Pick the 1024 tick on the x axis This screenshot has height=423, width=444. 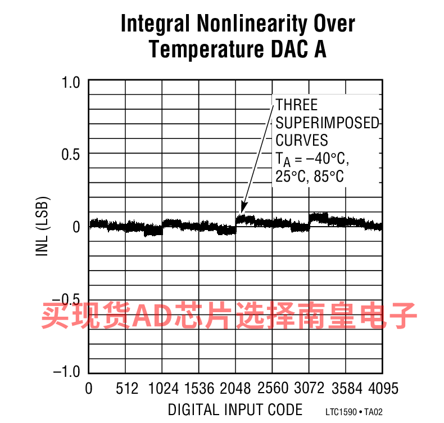pyautogui.click(x=163, y=389)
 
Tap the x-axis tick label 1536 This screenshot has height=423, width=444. pyautogui.click(x=200, y=389)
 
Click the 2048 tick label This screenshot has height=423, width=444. pyautogui.click(x=236, y=389)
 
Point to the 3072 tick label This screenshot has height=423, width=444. pyautogui.click(x=310, y=389)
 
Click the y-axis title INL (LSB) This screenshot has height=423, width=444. pyautogui.click(x=43, y=226)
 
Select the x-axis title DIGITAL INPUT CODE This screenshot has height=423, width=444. pyautogui.click(x=235, y=409)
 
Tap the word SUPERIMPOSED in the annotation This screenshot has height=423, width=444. pyautogui.click(x=328, y=123)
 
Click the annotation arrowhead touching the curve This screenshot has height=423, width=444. pyautogui.click(x=243, y=209)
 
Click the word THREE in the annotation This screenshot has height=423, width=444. pyautogui.click(x=297, y=105)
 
